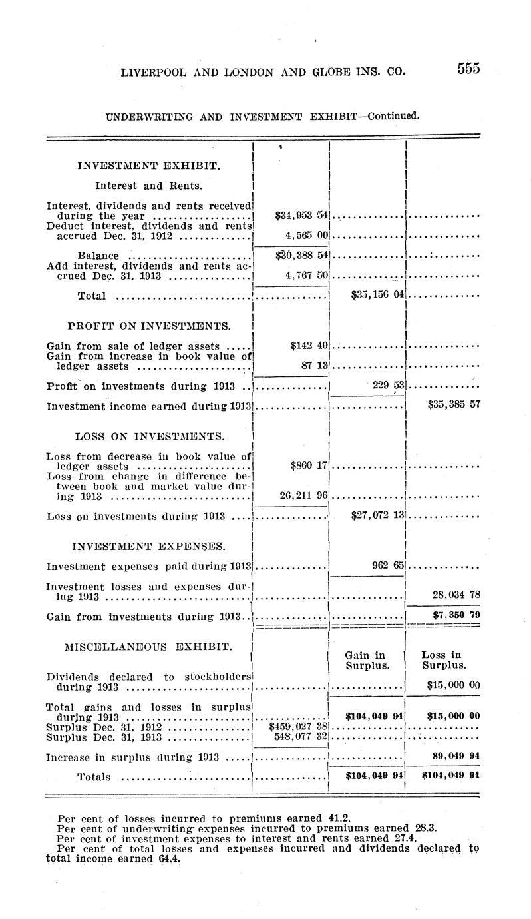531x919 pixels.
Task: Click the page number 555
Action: tap(468, 69)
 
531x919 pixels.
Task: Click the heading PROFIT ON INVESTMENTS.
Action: tap(150, 326)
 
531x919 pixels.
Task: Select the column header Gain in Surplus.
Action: tap(366, 661)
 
